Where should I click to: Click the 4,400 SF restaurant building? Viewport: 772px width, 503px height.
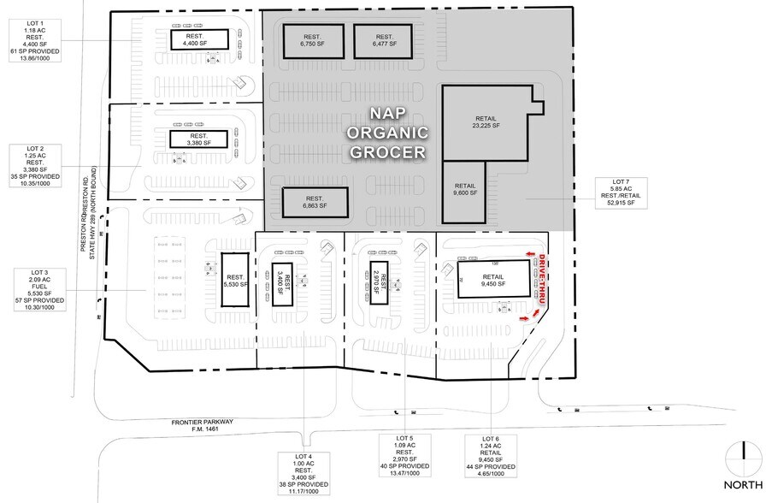200,38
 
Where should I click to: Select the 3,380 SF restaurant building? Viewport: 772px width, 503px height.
199,140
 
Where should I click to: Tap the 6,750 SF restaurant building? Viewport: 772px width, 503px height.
309,40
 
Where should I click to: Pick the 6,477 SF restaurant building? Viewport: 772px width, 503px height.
384,40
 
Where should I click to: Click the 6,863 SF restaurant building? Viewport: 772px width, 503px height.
315,203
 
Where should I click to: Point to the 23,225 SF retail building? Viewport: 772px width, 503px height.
485,121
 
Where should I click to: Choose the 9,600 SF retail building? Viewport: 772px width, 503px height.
465,190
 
